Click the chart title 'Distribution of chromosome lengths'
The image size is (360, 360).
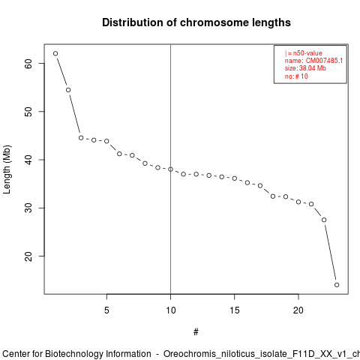coord(196,22)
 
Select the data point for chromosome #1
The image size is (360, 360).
coord(55,53)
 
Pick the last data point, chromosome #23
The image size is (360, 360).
coord(337,285)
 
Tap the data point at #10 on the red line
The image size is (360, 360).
coord(170,169)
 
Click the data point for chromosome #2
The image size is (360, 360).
coord(68,90)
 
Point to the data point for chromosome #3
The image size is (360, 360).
coord(81,138)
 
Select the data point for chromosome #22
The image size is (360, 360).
coord(324,220)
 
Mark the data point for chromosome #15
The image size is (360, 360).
coord(235,178)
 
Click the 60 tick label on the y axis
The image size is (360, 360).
coord(29,64)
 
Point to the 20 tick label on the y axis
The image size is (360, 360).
coord(29,256)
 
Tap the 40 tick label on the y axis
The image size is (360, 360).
coord(29,160)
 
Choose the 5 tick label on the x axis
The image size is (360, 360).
coord(106,310)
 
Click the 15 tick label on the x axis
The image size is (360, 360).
coord(235,310)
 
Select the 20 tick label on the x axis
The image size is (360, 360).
coord(298,310)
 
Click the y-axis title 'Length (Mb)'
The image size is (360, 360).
coord(7,169)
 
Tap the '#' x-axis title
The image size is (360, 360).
coord(196,332)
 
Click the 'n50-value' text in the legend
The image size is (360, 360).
coord(307,53)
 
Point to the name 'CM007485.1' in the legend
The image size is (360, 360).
coord(324,61)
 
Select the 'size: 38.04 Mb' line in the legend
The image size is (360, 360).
coord(305,68)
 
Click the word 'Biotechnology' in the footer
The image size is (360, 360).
coord(97,354)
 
